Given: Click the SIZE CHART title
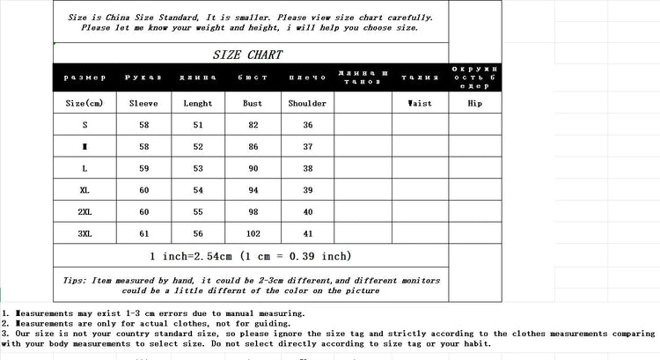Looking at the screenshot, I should click(x=247, y=55).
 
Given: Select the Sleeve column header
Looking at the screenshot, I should click(x=143, y=103).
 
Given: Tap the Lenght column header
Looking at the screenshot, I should click(x=197, y=103).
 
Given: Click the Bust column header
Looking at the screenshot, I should click(x=252, y=103).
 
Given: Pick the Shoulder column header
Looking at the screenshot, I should click(x=307, y=103).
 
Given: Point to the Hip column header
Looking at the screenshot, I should click(x=474, y=103).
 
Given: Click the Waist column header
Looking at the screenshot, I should click(x=419, y=103).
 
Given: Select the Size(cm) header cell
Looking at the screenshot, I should click(x=84, y=103).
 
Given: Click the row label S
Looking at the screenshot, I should click(x=84, y=125).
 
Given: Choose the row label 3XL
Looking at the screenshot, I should click(x=84, y=233).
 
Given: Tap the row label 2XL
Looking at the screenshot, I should click(x=84, y=211).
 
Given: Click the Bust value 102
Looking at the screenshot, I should click(x=252, y=233).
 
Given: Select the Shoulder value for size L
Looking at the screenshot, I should click(x=307, y=168).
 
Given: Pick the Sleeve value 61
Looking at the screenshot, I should click(x=143, y=233).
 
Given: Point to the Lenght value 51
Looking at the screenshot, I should click(x=197, y=125).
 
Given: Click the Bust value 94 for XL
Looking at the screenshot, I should click(x=252, y=190).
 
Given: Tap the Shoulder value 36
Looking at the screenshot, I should click(x=307, y=125).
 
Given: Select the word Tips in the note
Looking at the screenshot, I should click(x=74, y=281).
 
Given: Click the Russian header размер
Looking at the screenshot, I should click(x=84, y=77).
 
